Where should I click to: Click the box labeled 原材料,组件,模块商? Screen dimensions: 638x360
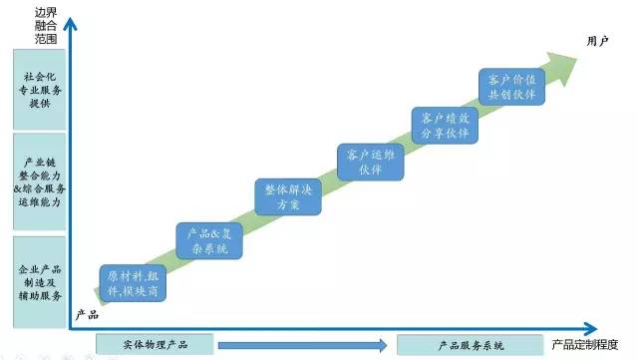[x=132, y=283]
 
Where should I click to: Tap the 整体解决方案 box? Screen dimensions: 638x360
[x=289, y=196]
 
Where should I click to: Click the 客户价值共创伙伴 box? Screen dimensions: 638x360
[x=512, y=85]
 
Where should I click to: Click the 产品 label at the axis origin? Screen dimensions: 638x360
[x=87, y=314]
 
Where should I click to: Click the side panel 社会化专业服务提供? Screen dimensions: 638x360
[x=40, y=89]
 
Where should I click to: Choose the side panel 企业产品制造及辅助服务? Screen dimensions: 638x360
[x=40, y=282]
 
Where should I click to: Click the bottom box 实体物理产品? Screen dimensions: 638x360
[x=157, y=345]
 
